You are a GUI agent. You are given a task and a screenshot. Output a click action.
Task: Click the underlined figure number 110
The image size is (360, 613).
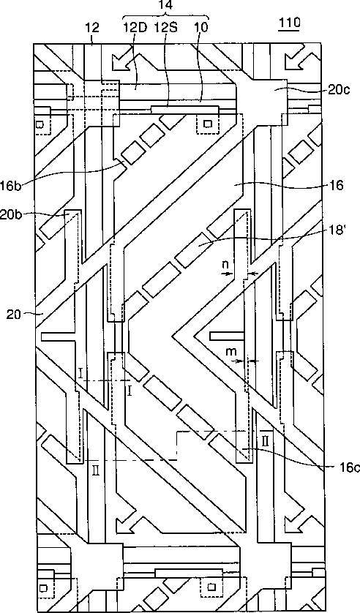coord(289,23)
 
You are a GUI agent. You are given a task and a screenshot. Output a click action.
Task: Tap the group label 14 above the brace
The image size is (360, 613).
coord(166,4)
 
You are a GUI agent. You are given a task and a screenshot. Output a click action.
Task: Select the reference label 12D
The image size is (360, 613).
coord(135,27)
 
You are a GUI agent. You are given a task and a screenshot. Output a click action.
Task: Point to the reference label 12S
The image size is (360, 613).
coord(167,27)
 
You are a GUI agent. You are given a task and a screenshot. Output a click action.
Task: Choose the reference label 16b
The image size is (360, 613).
coord(12,185)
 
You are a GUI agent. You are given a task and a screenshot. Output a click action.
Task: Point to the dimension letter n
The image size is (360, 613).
coord(225,265)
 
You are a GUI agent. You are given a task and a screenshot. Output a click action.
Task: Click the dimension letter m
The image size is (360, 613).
coord(232,351)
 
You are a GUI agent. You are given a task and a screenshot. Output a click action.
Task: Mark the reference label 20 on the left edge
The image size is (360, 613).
coord(14,314)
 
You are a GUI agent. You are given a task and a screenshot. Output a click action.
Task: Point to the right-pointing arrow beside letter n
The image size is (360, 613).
coord(226,274)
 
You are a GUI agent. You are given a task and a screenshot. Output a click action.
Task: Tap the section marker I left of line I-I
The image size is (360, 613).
coord(80,373)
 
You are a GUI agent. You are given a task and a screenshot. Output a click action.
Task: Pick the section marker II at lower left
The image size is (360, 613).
coord(96,471)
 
